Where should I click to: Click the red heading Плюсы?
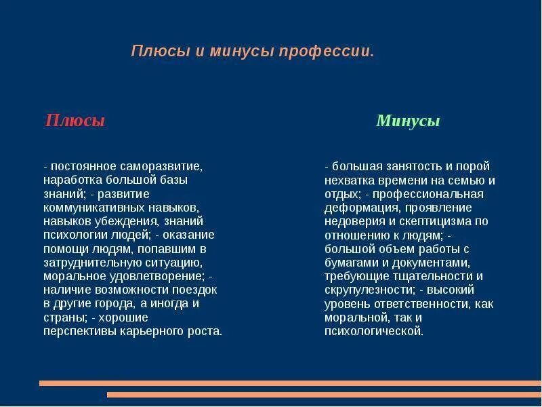(75, 121)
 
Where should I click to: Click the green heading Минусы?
(408, 121)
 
